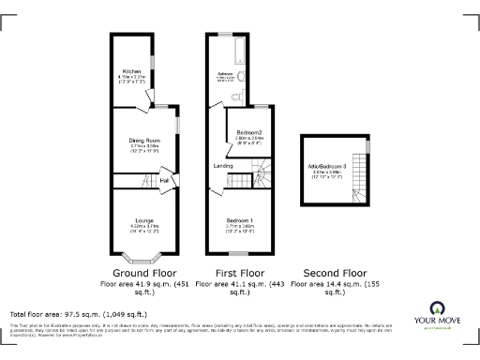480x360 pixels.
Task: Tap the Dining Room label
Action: point(144,141)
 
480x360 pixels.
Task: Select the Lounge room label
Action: point(143,220)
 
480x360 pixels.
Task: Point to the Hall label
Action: point(163,181)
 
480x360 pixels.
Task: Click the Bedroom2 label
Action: point(248,132)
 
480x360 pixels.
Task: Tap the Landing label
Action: point(223,166)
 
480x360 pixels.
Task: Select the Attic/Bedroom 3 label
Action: point(334,166)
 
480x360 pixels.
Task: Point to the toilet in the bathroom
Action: point(243,96)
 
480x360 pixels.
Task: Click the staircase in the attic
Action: point(358,195)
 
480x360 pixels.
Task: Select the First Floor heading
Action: point(239,272)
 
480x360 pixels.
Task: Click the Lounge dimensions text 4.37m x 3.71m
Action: point(143,227)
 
